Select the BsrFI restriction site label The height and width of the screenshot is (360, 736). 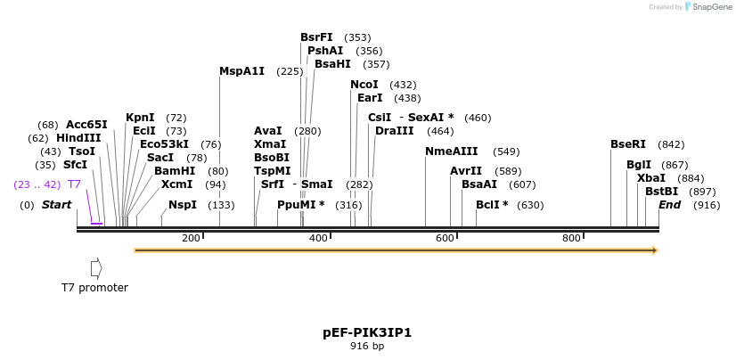[x=316, y=37]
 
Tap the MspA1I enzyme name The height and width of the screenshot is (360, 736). [x=241, y=71]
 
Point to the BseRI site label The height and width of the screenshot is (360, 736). [x=628, y=144]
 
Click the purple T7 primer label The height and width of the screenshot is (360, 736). [x=75, y=184]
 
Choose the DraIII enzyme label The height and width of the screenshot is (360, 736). [x=394, y=131]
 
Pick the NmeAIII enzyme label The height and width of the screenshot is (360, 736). [x=452, y=151]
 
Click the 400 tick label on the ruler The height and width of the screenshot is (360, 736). [x=318, y=238]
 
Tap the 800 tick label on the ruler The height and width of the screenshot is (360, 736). [x=571, y=238]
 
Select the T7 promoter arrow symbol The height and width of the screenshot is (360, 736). [x=96, y=267]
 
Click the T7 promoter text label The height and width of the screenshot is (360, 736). [x=94, y=288]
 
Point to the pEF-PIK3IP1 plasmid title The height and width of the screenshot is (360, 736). [x=367, y=332]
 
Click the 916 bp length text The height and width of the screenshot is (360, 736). [x=367, y=346]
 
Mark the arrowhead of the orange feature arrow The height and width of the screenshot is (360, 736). [x=655, y=250]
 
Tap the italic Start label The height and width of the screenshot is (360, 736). [x=56, y=205]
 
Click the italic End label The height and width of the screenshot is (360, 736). [x=669, y=205]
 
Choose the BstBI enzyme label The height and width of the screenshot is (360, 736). [x=661, y=192]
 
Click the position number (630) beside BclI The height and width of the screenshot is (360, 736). [x=530, y=205]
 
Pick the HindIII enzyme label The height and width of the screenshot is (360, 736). [x=78, y=138]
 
